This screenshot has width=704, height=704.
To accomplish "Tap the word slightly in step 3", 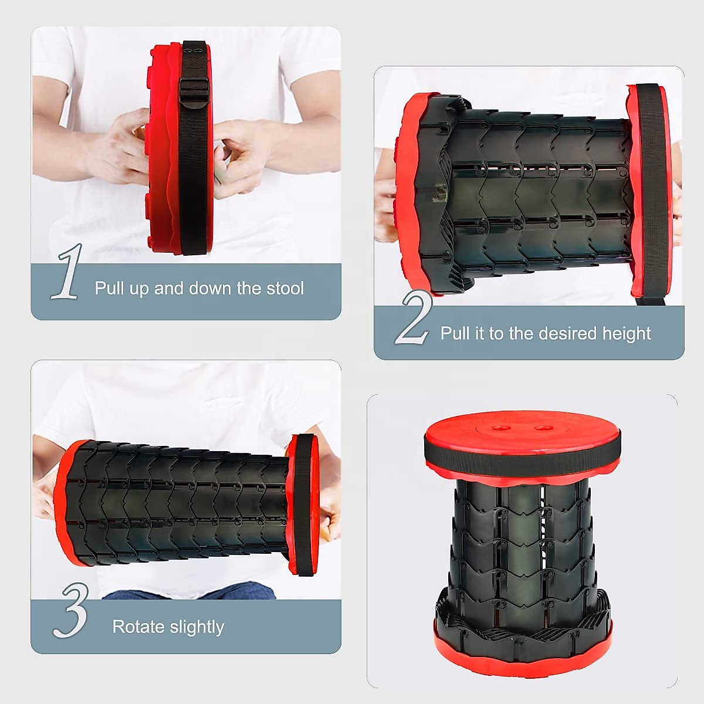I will point(198,627).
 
